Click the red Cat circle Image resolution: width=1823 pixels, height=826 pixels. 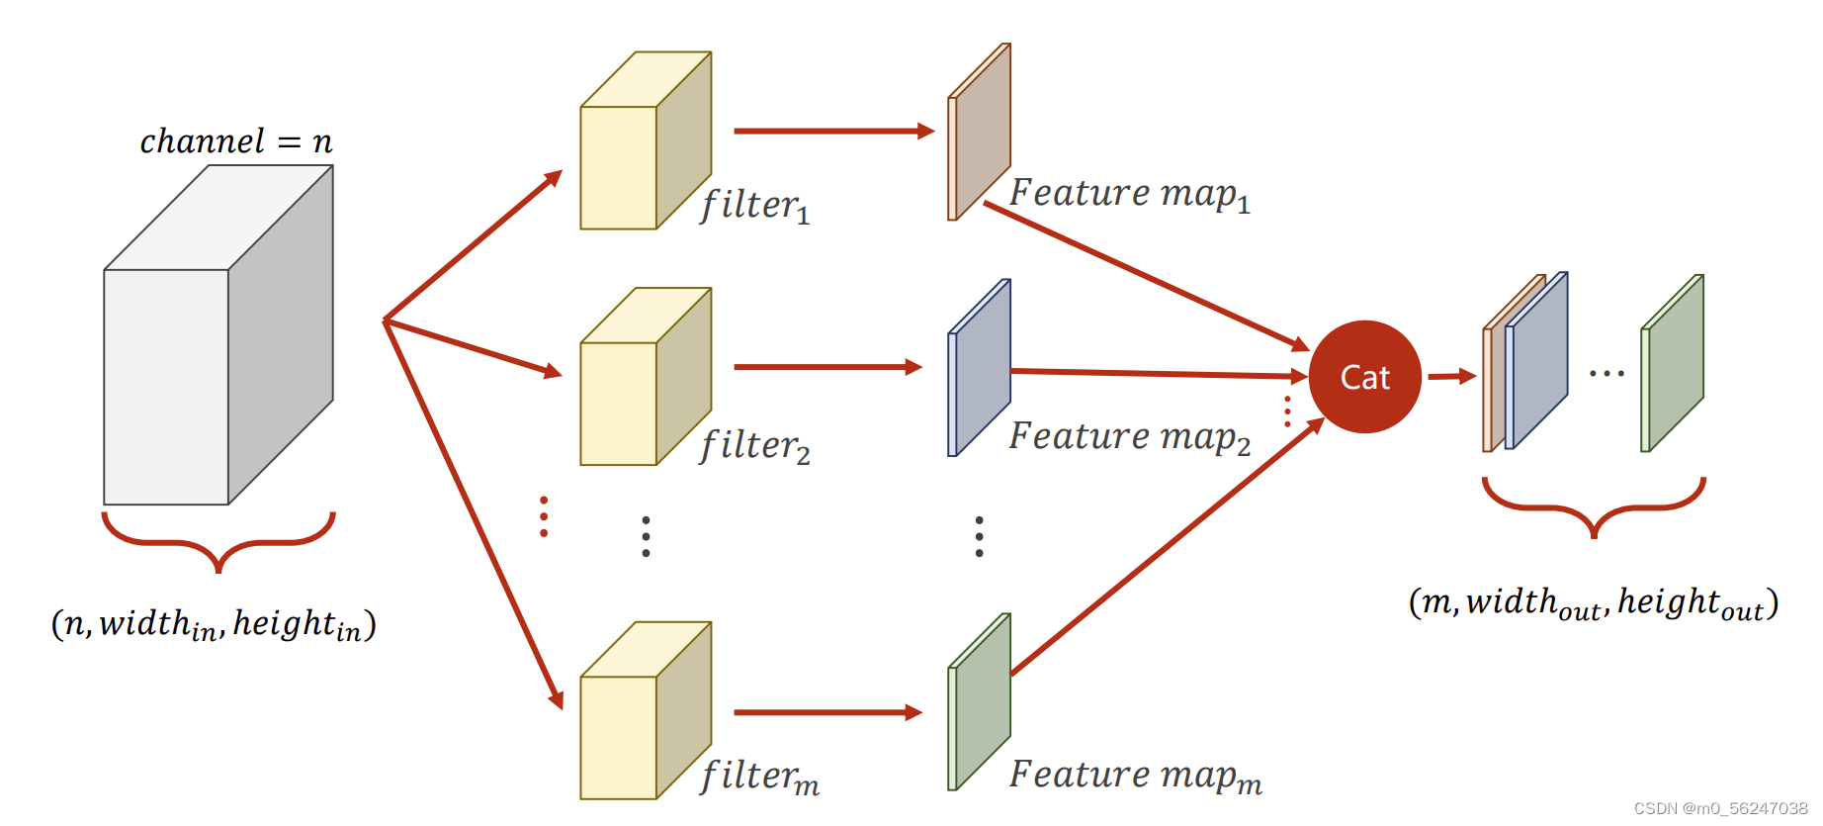(x=1364, y=377)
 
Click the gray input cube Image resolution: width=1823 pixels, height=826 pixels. (x=198, y=366)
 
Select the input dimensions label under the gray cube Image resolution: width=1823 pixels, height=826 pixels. (x=214, y=624)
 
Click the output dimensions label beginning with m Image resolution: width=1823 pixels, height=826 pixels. (x=1593, y=602)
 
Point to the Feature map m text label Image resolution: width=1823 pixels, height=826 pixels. (x=1135, y=776)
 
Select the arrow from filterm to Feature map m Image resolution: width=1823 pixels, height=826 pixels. (x=826, y=712)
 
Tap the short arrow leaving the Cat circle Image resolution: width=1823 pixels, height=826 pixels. (x=1450, y=376)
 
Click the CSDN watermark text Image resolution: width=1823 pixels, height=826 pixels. (x=1720, y=808)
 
